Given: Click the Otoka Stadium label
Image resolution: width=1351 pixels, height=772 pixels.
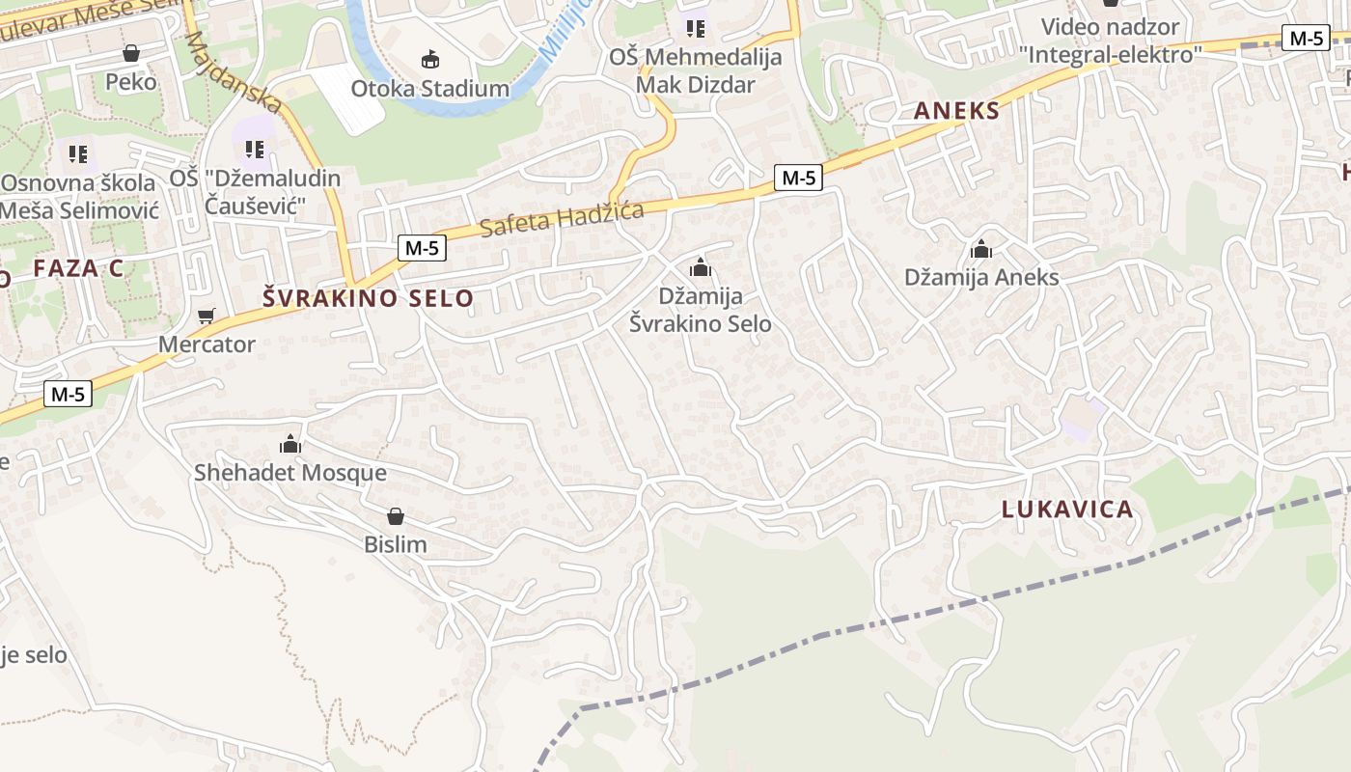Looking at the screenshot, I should [429, 89].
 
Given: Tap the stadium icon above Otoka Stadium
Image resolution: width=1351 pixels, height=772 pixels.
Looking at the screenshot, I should [430, 60].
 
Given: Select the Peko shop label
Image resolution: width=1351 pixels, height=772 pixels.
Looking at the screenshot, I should [131, 82].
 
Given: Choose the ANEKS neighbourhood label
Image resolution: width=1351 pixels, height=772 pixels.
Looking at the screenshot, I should [957, 111].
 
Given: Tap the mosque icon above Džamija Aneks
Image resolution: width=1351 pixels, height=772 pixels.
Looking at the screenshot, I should [981, 250].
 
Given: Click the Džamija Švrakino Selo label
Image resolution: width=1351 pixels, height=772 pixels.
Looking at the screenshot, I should [701, 310].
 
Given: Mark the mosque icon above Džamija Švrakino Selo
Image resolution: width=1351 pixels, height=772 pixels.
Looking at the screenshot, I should [701, 267].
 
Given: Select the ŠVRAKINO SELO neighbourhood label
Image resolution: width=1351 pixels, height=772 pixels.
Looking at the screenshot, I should [369, 298].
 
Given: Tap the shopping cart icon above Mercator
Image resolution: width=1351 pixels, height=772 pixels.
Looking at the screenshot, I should [207, 316].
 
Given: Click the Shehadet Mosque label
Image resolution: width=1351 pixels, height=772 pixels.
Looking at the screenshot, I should [289, 473].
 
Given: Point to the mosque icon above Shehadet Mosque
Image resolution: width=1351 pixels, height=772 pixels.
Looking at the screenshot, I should [290, 445].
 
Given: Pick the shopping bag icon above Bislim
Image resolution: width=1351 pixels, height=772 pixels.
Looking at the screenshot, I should [395, 516].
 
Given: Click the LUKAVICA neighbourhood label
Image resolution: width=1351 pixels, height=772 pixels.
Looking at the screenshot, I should [1067, 510].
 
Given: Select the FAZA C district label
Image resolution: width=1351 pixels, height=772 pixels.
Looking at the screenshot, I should [78, 268].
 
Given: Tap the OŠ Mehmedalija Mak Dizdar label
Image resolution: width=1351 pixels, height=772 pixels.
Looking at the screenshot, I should [695, 70].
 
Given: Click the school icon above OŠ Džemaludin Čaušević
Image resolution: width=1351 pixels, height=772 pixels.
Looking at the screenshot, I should [255, 150].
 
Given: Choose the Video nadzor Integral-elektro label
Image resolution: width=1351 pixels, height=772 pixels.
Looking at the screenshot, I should [1110, 41].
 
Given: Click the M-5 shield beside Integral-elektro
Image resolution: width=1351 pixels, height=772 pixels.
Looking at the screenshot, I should [1306, 39].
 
